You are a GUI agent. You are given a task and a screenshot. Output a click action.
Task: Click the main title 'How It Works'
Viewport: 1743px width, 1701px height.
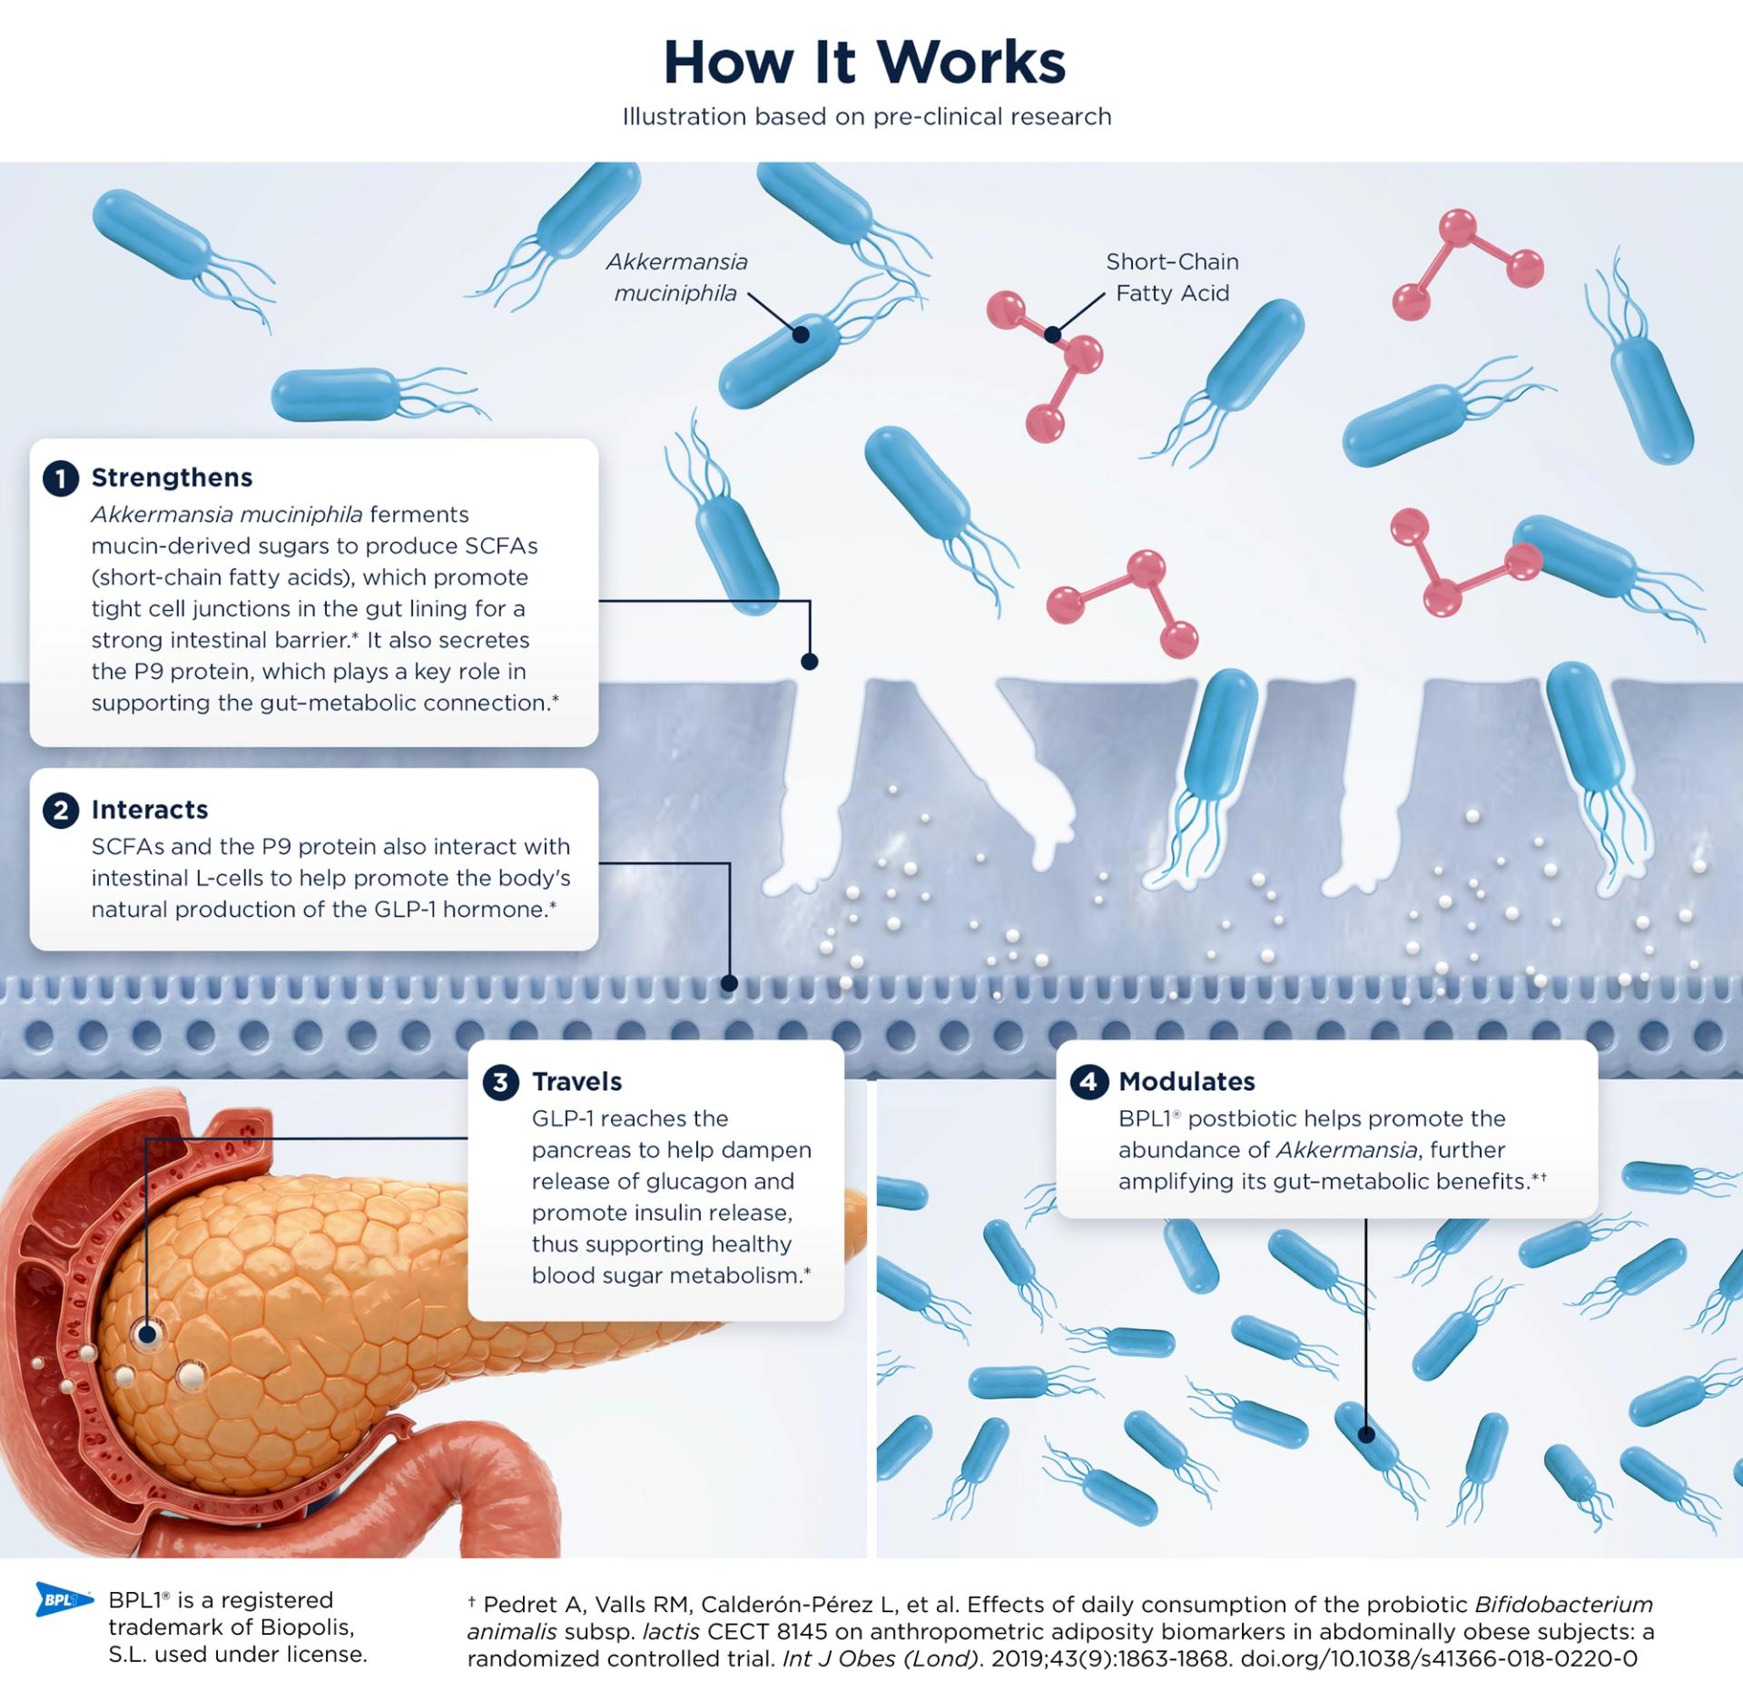click(864, 63)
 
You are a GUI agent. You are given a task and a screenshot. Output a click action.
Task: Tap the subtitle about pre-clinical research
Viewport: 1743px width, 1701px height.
click(866, 117)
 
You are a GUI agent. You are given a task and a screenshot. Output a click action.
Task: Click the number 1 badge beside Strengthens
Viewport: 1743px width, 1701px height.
click(61, 478)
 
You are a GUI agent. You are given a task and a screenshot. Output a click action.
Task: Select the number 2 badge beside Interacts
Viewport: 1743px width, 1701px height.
click(61, 810)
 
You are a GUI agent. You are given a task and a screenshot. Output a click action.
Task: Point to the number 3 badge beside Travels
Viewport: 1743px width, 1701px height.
click(500, 1082)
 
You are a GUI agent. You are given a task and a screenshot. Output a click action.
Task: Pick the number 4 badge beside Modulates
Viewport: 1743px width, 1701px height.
click(1088, 1082)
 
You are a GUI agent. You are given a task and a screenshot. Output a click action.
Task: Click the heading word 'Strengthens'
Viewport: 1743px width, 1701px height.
click(172, 477)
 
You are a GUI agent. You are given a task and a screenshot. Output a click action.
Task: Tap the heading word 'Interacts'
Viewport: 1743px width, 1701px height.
click(150, 810)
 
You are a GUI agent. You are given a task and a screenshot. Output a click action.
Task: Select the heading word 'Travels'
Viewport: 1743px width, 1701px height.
click(577, 1082)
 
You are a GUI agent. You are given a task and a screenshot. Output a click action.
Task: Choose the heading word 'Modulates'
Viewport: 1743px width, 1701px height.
click(1187, 1082)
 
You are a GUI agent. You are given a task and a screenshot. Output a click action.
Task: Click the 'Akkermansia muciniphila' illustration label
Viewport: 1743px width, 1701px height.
click(676, 278)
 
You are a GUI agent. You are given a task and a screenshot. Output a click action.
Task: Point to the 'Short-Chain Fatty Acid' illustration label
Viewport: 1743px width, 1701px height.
click(1172, 278)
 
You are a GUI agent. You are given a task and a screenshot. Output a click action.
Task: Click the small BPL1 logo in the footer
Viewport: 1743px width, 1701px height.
click(64, 1600)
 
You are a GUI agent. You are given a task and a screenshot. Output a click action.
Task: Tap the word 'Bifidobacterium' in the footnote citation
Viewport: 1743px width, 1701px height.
click(1564, 1605)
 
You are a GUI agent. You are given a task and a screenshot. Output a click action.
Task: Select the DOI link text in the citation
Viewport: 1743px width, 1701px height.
click(1439, 1659)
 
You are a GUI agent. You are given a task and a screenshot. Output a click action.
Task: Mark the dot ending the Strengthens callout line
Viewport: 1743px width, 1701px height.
click(810, 662)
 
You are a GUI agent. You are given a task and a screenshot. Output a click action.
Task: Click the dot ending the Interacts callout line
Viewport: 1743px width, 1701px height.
click(729, 983)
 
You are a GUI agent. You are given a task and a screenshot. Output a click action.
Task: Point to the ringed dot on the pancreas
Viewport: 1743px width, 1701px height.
click(146, 1334)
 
